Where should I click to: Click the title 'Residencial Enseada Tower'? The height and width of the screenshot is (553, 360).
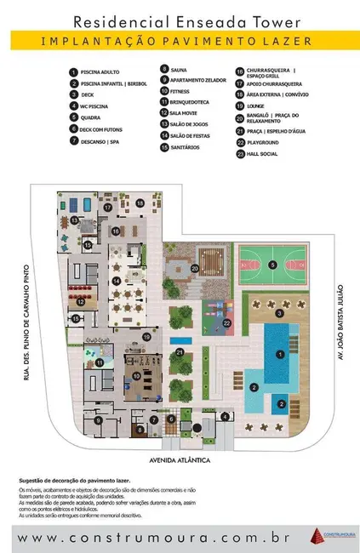click(180, 20)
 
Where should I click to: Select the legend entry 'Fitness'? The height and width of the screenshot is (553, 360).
click(178, 90)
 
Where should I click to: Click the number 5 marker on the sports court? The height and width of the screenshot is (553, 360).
click(272, 265)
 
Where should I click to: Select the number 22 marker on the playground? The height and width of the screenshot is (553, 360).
click(226, 322)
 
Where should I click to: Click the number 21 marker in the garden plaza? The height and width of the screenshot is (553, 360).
click(180, 351)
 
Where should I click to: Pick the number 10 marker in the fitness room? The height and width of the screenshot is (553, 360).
click(135, 375)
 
